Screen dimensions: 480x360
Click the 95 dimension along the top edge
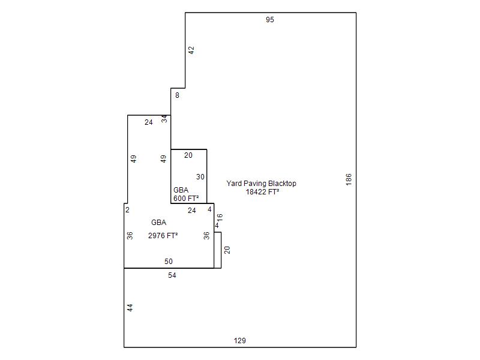click(x=269, y=20)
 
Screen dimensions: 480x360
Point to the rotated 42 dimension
click(x=191, y=50)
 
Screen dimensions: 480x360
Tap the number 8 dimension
click(x=177, y=95)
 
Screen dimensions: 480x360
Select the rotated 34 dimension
click(x=164, y=119)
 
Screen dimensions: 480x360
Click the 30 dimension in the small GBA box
click(x=200, y=177)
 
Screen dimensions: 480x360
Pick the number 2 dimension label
click(x=127, y=209)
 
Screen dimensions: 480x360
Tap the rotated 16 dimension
click(x=220, y=218)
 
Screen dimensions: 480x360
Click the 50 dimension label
click(x=169, y=262)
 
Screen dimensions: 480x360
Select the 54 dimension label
click(x=172, y=275)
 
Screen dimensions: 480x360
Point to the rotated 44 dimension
click(x=130, y=308)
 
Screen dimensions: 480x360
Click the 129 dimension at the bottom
click(x=239, y=341)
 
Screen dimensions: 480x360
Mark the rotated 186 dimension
click(x=349, y=179)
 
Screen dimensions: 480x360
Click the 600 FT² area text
click(x=186, y=199)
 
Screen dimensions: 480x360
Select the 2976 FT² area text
click(x=163, y=235)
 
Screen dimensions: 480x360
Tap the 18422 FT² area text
click(x=262, y=192)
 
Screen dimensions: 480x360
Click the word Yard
click(x=234, y=184)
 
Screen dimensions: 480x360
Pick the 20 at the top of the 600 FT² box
click(x=188, y=155)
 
